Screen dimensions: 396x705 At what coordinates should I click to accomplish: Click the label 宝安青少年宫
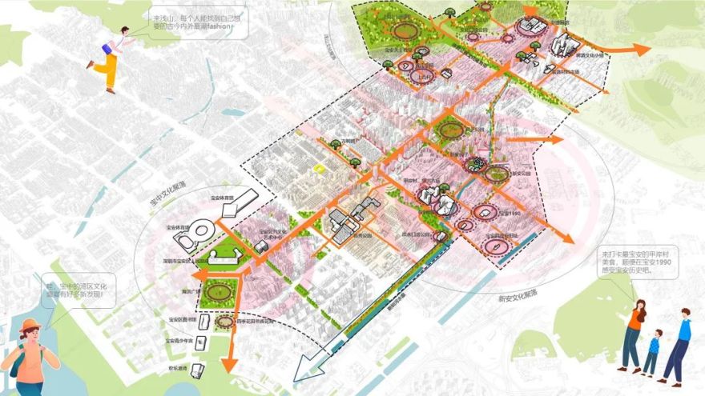[x=183, y=341]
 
